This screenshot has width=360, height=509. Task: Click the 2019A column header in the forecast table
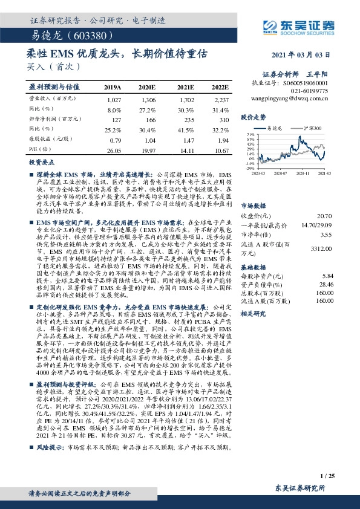[113, 87]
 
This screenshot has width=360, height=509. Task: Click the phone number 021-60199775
[312, 89]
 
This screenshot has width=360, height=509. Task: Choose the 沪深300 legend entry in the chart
[312, 129]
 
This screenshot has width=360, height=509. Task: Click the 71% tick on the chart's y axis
[250, 134]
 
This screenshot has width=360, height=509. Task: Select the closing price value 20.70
[324, 216]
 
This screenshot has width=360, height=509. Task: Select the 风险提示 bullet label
[48, 448]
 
